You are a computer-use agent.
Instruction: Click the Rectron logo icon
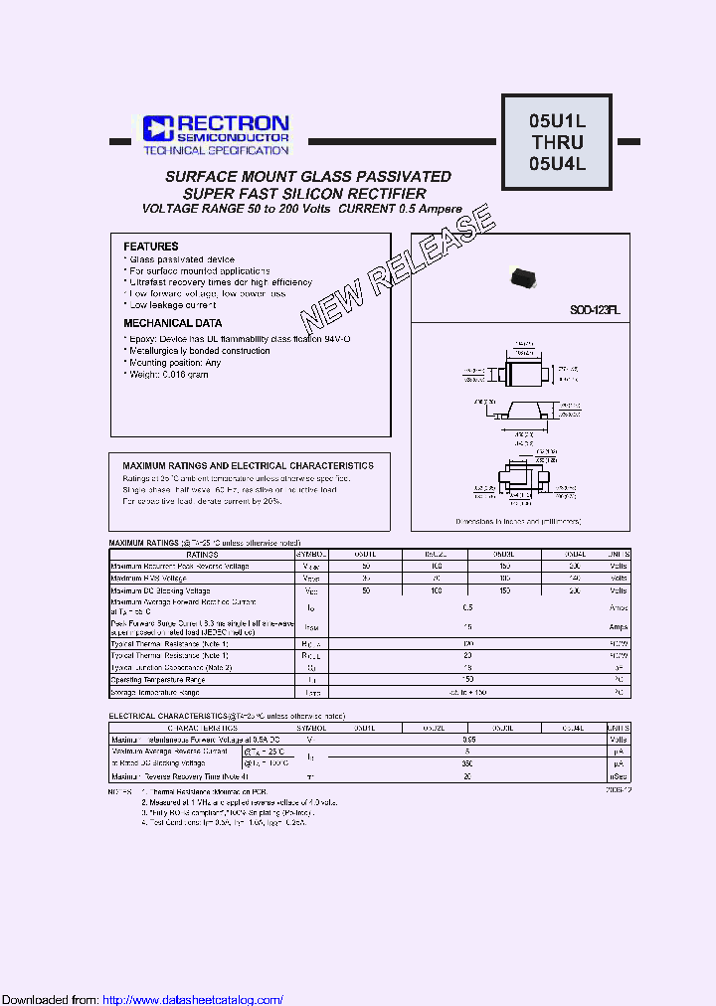157,127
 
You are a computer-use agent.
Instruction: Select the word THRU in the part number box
557,142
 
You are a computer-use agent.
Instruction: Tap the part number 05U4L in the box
557,164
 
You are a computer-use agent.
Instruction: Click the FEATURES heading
151,246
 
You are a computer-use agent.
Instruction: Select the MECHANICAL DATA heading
173,323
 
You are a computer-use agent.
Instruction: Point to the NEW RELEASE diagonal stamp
398,268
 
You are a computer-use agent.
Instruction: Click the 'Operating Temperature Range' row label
159,681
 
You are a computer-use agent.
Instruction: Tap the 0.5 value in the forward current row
468,606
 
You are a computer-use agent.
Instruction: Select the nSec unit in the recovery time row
619,776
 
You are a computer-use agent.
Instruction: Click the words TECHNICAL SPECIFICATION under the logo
216,150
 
